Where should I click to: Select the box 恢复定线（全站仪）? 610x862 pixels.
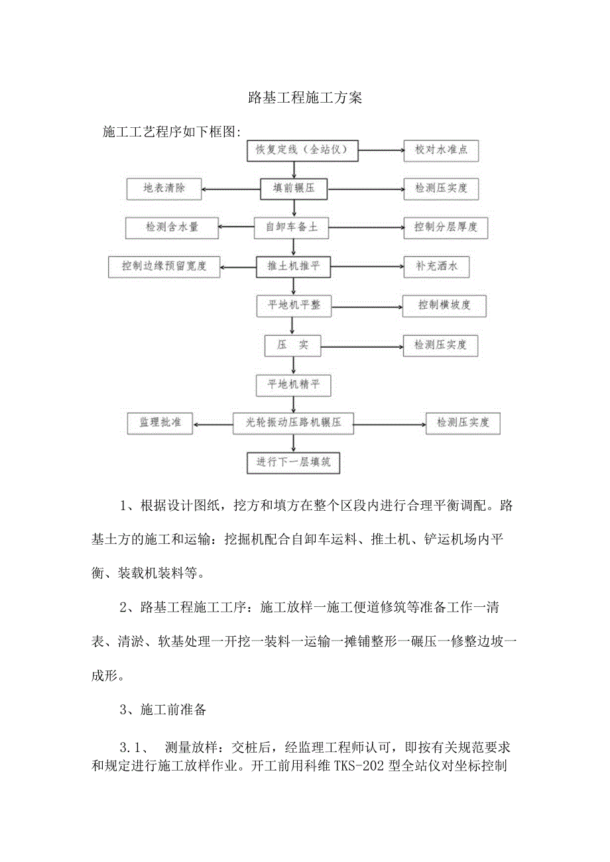(302, 150)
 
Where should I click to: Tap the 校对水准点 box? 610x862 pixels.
(441, 150)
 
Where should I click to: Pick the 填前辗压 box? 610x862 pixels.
(294, 189)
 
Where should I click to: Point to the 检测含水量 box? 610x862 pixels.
(172, 227)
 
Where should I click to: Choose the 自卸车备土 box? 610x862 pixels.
(292, 227)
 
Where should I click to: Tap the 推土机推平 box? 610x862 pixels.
(293, 266)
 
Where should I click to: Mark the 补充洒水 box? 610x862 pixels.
(436, 266)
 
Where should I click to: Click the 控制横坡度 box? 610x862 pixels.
(445, 305)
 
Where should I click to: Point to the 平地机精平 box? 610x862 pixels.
(293, 384)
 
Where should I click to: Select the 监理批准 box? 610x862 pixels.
(159, 422)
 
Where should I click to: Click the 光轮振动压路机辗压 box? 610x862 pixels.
(292, 422)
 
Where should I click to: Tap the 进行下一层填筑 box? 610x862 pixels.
(293, 462)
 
